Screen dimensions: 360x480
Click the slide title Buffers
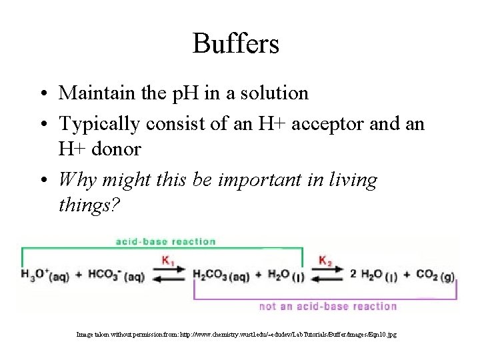(235, 44)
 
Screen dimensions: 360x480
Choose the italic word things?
(89, 207)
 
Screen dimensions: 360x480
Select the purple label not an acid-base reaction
(328, 307)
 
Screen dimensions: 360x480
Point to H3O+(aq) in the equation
(46, 274)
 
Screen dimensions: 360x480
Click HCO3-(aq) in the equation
(116, 274)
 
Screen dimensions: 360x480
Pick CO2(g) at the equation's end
(436, 274)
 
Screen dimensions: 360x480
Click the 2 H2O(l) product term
(375, 274)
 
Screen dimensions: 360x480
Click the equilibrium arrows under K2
(326, 275)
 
